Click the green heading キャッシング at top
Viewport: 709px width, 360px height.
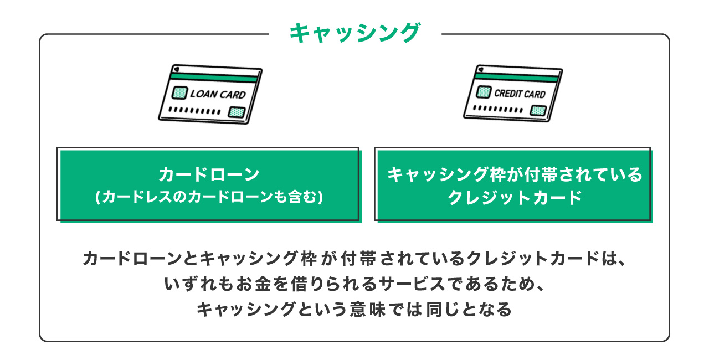coord(354,33)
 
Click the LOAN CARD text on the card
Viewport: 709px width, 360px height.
coord(218,94)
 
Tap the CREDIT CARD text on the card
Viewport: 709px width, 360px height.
coord(520,94)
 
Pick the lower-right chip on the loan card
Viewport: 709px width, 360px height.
coord(237,112)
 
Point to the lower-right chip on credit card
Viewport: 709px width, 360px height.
coord(538,110)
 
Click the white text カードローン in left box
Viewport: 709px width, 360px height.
coord(209,175)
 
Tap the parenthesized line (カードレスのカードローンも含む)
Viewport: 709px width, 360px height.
coord(209,197)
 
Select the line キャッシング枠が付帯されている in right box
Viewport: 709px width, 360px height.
coord(514,175)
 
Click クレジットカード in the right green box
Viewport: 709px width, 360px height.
coord(514,197)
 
